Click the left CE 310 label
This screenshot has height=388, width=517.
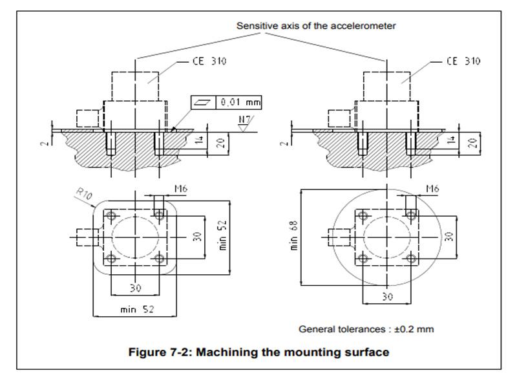(x=208, y=63)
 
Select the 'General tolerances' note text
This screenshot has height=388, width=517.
(x=366, y=329)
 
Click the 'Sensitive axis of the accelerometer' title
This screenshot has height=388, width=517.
(x=317, y=26)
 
